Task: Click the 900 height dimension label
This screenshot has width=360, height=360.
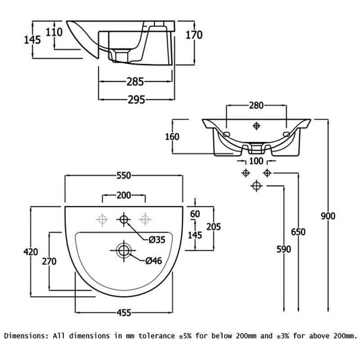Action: click(328, 216)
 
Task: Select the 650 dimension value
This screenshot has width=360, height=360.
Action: click(298, 232)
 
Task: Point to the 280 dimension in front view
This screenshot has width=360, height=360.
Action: click(256, 105)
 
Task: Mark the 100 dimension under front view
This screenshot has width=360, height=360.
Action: click(256, 161)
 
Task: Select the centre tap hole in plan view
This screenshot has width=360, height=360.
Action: click(124, 219)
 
